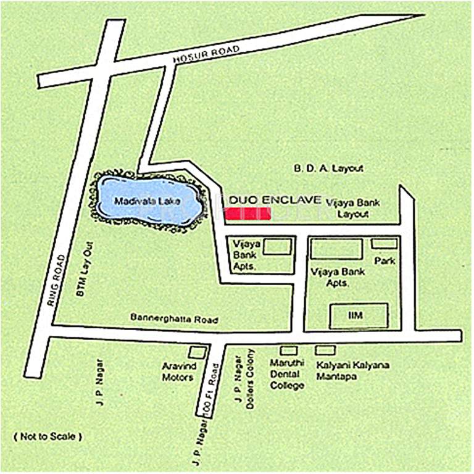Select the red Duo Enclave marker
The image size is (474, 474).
click(247, 214)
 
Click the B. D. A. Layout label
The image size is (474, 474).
click(328, 168)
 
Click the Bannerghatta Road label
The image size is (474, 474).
click(174, 319)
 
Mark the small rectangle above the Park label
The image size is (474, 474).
click(384, 244)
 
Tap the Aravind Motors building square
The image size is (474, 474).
click(197, 352)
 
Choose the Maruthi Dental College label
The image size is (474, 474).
click(287, 374)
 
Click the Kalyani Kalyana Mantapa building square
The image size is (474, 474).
click(325, 350)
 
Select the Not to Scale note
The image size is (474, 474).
click(48, 436)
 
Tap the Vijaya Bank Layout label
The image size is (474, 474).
click(354, 208)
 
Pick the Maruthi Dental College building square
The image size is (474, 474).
click(289, 351)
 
